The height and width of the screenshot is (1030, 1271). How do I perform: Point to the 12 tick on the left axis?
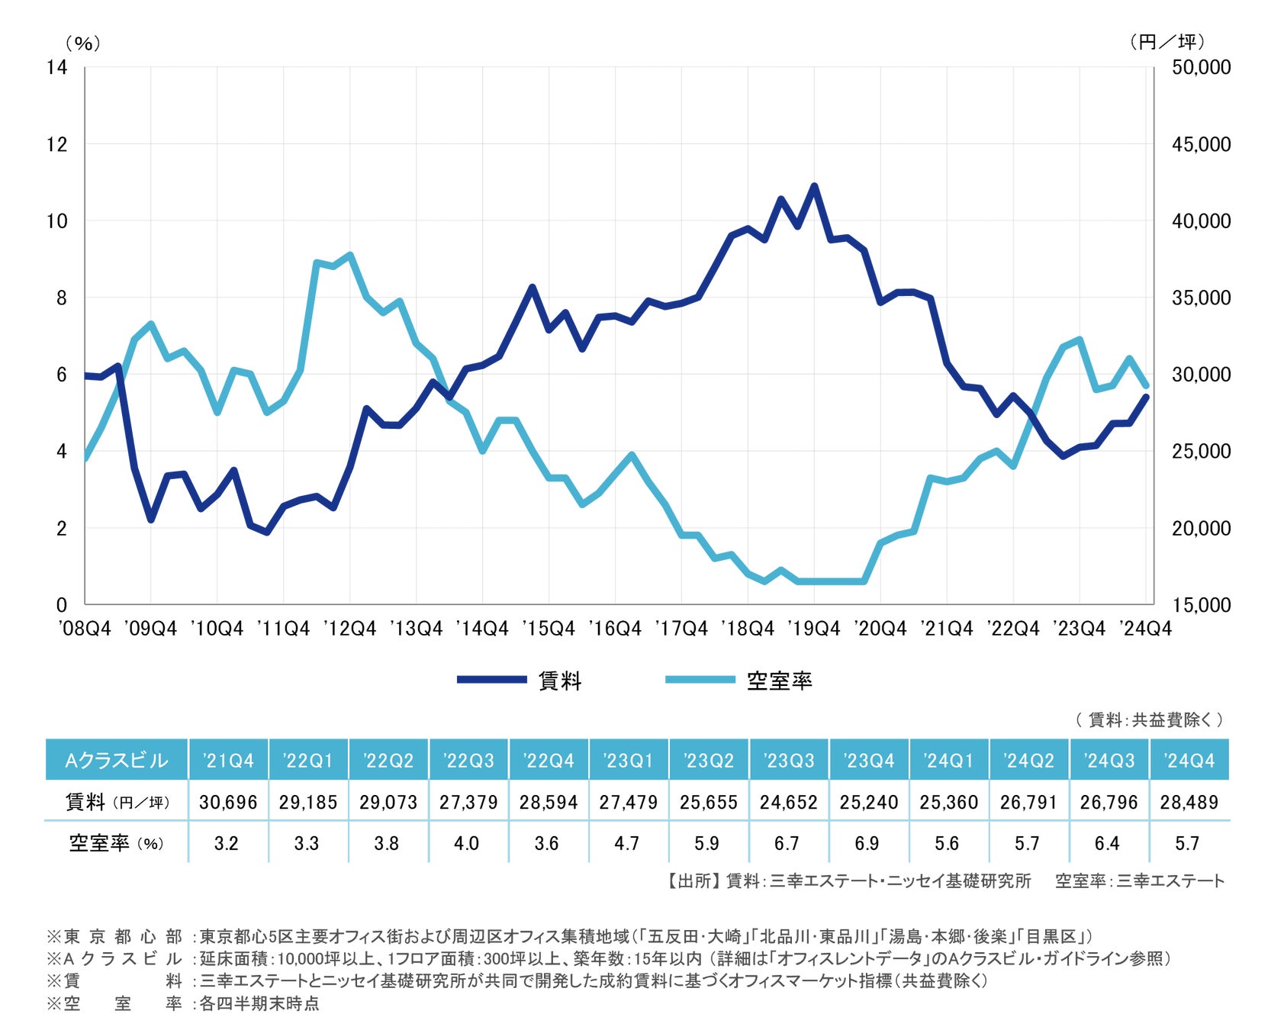[57, 144]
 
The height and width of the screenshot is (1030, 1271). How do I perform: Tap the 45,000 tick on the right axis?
[1201, 144]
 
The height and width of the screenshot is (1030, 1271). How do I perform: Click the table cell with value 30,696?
[228, 802]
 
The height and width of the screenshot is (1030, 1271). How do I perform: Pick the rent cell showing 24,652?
[788, 802]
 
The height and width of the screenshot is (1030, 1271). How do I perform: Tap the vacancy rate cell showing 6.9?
[867, 843]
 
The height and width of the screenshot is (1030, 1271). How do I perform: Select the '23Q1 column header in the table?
[627, 760]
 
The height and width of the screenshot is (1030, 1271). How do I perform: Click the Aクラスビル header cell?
[117, 760]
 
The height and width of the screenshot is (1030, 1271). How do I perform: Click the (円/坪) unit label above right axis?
[1167, 43]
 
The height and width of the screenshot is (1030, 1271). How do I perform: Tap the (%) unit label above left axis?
[82, 43]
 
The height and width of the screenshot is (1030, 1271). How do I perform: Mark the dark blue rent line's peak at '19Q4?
[814, 186]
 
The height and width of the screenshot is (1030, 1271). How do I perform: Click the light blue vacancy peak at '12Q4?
[349, 255]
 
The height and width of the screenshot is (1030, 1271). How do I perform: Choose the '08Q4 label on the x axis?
[85, 629]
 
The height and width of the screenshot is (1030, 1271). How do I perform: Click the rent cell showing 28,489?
[1189, 802]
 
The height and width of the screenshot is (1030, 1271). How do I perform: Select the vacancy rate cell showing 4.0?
[466, 843]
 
